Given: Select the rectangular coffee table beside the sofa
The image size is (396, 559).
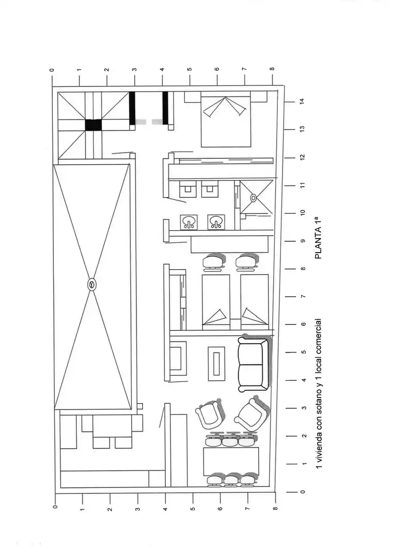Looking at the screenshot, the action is [216, 364].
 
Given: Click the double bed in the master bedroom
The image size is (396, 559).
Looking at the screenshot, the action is [225, 119].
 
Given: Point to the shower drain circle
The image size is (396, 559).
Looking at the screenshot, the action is [253, 197].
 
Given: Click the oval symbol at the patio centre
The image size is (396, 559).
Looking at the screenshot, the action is [92, 285].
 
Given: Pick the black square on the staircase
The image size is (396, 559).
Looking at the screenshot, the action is [93, 125].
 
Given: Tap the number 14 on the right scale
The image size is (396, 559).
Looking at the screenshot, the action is [302, 101].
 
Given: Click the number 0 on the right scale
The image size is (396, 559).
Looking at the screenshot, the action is [303, 492].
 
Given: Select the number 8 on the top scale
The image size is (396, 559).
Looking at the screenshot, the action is [272, 69].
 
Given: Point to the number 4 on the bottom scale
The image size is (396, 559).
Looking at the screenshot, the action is [165, 509].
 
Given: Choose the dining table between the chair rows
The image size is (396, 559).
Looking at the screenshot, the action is [231, 462].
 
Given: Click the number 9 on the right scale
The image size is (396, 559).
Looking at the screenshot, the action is [303, 241].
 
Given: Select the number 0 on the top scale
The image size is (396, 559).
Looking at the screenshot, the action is [52, 70].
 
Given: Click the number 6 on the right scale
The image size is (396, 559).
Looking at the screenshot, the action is [303, 324].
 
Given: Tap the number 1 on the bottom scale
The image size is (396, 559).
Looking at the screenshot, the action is [82, 510].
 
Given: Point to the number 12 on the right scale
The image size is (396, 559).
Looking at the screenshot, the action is [302, 157].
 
